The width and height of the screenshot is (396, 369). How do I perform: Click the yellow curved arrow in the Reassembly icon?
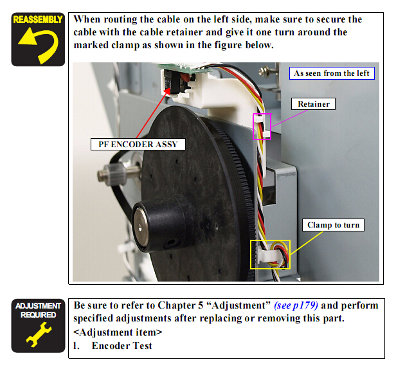51,48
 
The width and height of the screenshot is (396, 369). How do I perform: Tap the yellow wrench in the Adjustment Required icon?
39,334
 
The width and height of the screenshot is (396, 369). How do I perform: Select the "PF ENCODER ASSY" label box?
138,144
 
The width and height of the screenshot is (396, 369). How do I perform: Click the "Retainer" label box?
313,104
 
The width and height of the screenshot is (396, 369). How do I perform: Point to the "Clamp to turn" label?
333,225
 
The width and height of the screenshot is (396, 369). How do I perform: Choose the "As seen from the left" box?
332,73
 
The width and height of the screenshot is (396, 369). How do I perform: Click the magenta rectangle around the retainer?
262,114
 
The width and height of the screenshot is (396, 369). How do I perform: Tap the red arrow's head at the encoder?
168,90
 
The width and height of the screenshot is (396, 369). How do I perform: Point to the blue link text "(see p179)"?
296,305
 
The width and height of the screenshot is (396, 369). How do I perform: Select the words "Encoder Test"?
122,346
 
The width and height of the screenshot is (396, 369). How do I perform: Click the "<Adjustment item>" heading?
118,332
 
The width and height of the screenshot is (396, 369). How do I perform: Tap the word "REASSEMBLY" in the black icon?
38,20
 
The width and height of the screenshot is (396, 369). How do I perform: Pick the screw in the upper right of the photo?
264,71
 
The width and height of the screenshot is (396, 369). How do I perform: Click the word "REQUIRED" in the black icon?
39,315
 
